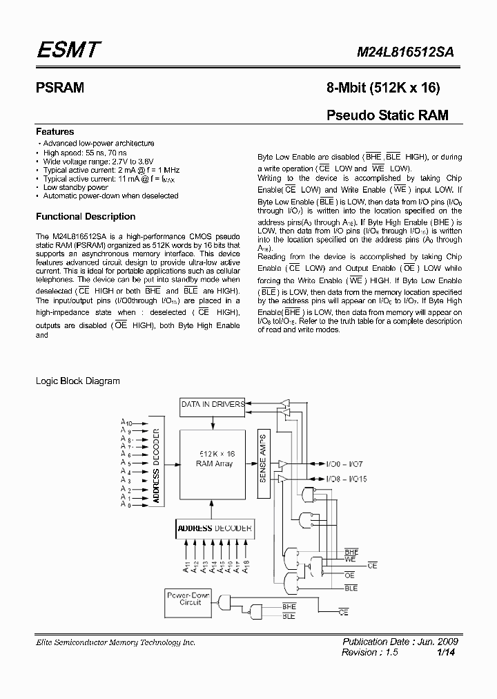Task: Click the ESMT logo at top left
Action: pos(69,50)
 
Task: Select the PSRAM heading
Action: pos(60,88)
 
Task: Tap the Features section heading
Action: pos(55,131)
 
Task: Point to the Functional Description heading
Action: pos(86,216)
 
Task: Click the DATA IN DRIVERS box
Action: pos(212,403)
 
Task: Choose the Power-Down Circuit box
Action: pos(191,598)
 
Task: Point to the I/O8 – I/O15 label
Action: pos(349,478)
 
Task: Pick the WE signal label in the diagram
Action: pos(351,560)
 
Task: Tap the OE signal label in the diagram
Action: pos(349,575)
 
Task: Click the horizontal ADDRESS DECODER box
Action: pos(214,528)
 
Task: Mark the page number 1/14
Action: pos(445,652)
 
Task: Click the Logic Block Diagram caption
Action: pos(77,381)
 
